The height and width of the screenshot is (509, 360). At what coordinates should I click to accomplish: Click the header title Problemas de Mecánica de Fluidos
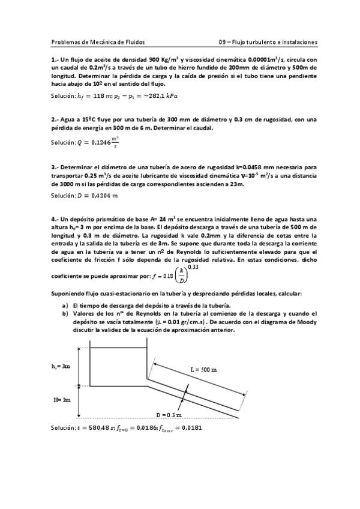(98, 42)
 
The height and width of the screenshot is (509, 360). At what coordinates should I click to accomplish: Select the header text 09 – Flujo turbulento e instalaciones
(268, 42)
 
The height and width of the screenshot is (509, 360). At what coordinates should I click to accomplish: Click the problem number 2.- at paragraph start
(55, 119)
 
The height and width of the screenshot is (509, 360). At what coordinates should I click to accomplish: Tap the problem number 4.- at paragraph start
(55, 220)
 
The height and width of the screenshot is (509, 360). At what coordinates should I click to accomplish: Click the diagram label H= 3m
(61, 399)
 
